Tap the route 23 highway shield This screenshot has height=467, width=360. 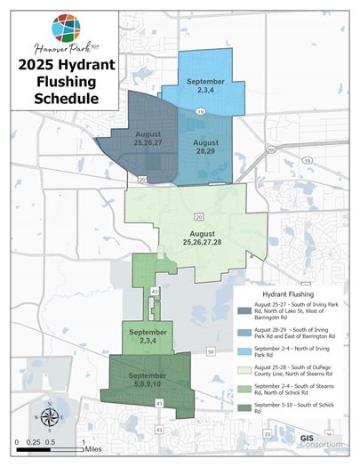click(268, 433)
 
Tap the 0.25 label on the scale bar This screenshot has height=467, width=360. click(33, 441)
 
